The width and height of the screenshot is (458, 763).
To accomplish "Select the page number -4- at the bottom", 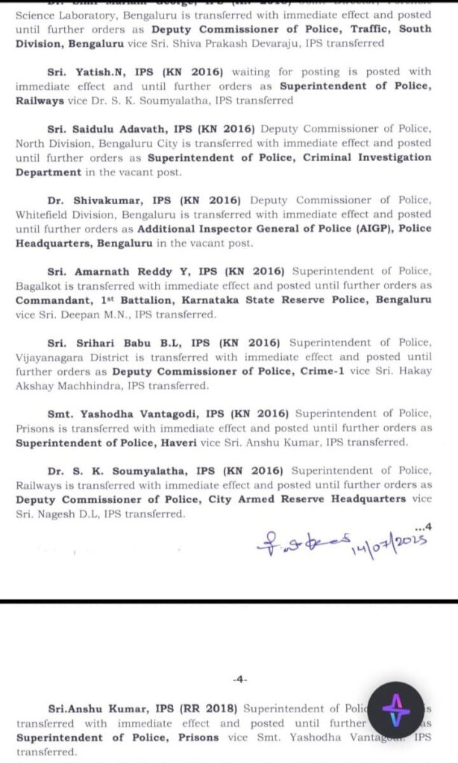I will tap(240, 680).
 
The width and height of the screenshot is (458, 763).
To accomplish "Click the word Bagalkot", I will tap(40, 286).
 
